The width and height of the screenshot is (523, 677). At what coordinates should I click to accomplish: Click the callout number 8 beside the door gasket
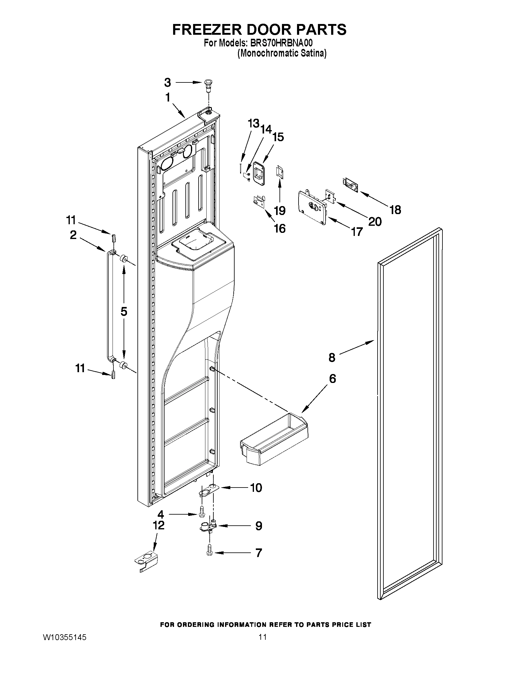click(332, 358)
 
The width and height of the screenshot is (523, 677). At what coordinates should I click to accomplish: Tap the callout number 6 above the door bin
click(332, 379)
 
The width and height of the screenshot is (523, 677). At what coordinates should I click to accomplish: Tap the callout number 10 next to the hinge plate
click(256, 488)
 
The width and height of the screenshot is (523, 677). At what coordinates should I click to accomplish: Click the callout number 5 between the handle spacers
click(124, 311)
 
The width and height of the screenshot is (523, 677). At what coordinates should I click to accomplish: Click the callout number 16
click(279, 229)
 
